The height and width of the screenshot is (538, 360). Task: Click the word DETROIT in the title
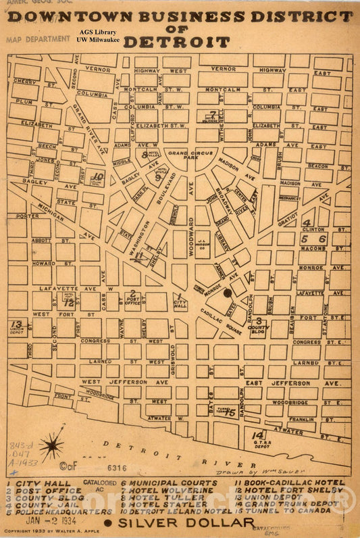[176, 42]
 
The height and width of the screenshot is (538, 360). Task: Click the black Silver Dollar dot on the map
[228, 293]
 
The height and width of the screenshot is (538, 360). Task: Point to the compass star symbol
[51, 446]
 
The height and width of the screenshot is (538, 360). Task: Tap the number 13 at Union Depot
[16, 324]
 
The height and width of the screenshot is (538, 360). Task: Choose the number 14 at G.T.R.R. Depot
[257, 436]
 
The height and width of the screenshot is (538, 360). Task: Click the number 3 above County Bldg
[259, 320]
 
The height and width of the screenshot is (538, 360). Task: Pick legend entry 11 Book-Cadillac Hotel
[290, 483]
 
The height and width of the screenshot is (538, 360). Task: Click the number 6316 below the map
[116, 467]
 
